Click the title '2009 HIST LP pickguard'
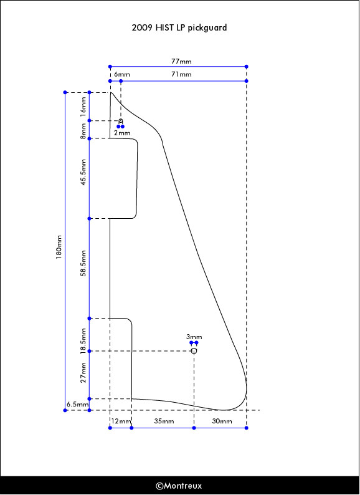pyautogui.click(x=179, y=28)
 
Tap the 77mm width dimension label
pyautogui.click(x=181, y=61)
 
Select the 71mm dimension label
pyautogui.click(x=181, y=75)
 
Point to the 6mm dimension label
pyautogui.click(x=122, y=75)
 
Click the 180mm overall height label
pyautogui.click(x=59, y=247)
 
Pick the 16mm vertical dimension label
pyautogui.click(x=83, y=107)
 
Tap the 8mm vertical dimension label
pyautogui.click(x=83, y=132)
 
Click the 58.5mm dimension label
pyautogui.click(x=83, y=263)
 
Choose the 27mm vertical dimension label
pyautogui.click(x=83, y=373)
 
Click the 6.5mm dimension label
pyautogui.click(x=77, y=405)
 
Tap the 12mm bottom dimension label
pyautogui.click(x=121, y=421)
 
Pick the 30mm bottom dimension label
pyautogui.click(x=222, y=421)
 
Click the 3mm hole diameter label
pyautogui.click(x=194, y=337)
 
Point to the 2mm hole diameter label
pyautogui.click(x=122, y=133)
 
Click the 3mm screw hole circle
pyautogui.click(x=194, y=351)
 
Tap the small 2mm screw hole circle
pyautogui.click(x=121, y=121)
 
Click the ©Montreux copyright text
pyautogui.click(x=179, y=486)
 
